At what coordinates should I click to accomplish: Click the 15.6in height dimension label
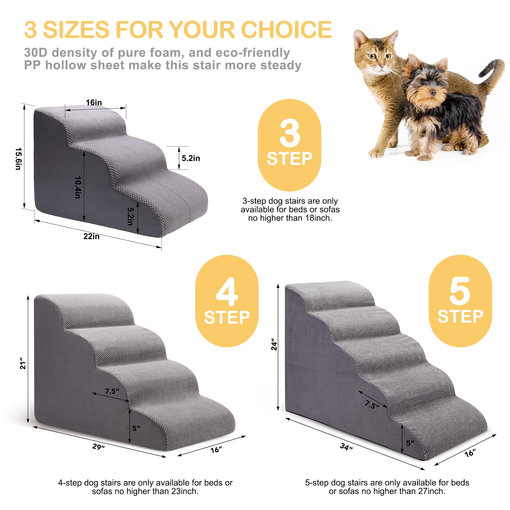(18, 158)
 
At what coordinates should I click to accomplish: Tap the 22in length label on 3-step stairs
(91, 236)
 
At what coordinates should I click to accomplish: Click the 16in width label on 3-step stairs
(94, 103)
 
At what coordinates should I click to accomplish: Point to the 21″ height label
(23, 365)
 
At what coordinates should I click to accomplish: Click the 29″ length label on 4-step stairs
(98, 447)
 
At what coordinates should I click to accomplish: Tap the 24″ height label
(274, 344)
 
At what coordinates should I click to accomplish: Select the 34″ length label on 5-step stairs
(346, 447)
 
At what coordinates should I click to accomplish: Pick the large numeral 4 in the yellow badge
(227, 292)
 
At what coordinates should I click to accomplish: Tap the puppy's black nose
(433, 92)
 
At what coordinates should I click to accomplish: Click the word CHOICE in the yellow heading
(286, 29)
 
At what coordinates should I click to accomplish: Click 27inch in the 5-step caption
(430, 491)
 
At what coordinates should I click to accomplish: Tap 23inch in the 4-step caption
(183, 491)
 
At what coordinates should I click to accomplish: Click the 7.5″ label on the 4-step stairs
(112, 391)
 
